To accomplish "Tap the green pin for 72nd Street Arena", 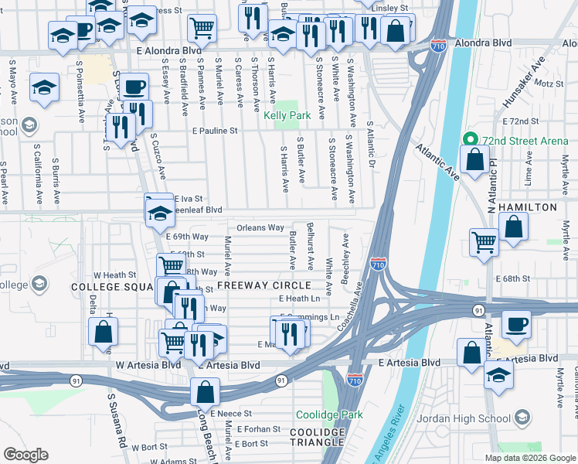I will [x=468, y=140].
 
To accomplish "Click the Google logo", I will [x=25, y=455].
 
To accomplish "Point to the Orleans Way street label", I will [x=260, y=228].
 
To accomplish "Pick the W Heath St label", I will [x=114, y=275].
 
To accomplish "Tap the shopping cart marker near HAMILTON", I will [x=484, y=241].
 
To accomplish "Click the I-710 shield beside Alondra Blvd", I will [x=439, y=46].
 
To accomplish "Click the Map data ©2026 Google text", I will [x=529, y=458].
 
